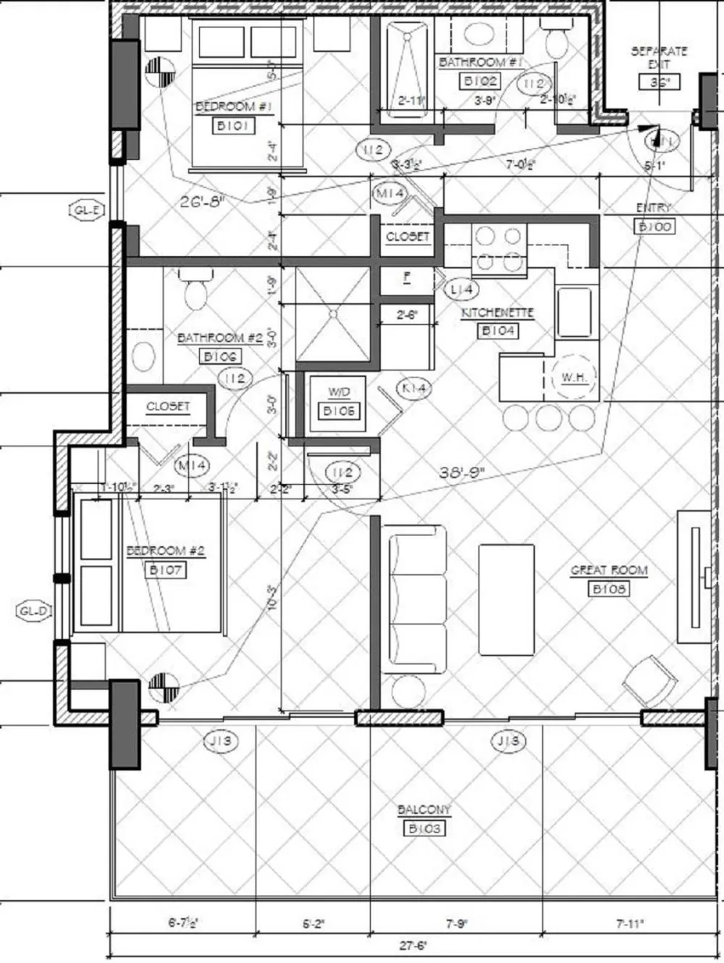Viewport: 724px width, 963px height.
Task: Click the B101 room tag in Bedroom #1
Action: click(233, 126)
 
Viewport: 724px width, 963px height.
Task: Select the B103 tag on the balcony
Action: click(424, 828)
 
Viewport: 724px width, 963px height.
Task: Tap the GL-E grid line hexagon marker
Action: click(86, 211)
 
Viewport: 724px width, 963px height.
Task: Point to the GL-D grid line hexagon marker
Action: click(34, 611)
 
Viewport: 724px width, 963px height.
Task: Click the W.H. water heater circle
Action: click(573, 377)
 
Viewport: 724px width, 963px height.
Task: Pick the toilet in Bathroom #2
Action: click(195, 290)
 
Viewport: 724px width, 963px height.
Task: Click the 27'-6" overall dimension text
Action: click(413, 945)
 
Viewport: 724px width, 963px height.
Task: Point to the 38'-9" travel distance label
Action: click(462, 473)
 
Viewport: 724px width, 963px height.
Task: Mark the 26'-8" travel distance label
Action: click(203, 200)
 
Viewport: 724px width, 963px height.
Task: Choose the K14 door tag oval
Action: click(414, 388)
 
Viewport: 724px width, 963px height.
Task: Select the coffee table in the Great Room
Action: click(507, 601)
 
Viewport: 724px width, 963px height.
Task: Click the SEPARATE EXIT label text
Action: click(659, 57)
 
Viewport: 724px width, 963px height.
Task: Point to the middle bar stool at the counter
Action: click(548, 417)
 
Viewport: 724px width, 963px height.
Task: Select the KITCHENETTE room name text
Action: click(497, 313)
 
